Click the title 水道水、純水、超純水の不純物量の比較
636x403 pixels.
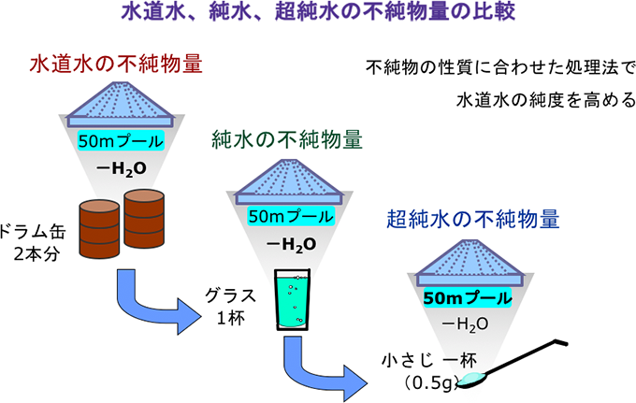click(x=318, y=13)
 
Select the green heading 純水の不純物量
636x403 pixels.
click(x=286, y=141)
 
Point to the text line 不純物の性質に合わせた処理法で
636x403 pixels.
click(x=500, y=68)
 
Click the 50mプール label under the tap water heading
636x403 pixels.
click(x=121, y=142)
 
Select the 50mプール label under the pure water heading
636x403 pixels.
click(x=289, y=216)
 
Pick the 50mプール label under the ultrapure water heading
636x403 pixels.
click(x=469, y=299)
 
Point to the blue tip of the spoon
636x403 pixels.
click(x=476, y=377)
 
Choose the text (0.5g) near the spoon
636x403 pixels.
click(x=428, y=381)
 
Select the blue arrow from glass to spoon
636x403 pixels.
click(x=323, y=370)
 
